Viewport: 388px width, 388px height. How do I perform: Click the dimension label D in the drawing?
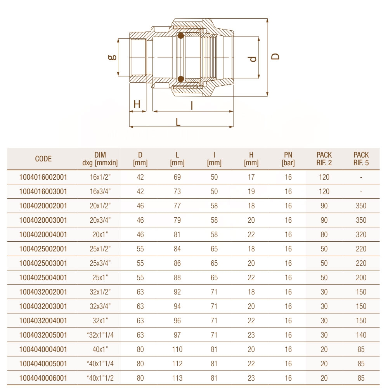click(275, 56)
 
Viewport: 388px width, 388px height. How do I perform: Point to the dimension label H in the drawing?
click(137, 104)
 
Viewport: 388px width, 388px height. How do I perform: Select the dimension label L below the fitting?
click(178, 122)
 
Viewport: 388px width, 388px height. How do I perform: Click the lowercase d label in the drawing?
click(253, 59)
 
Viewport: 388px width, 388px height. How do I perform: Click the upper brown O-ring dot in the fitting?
click(180, 36)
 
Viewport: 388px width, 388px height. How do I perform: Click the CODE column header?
click(43, 159)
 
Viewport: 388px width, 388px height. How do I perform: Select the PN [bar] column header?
click(288, 159)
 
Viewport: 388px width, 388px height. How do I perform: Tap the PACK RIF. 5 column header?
click(361, 159)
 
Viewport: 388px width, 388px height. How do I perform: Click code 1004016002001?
click(43, 177)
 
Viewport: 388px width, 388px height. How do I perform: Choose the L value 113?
click(177, 378)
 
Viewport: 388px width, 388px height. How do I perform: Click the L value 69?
click(177, 177)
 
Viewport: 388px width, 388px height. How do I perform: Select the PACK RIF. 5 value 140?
click(361, 335)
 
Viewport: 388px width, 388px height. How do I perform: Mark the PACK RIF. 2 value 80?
click(324, 235)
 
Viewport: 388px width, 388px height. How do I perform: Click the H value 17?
click(251, 177)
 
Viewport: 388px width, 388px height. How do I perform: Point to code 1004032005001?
click(43, 335)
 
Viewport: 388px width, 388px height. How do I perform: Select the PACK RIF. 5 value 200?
click(361, 278)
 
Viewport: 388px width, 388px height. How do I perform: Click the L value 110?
click(177, 350)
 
